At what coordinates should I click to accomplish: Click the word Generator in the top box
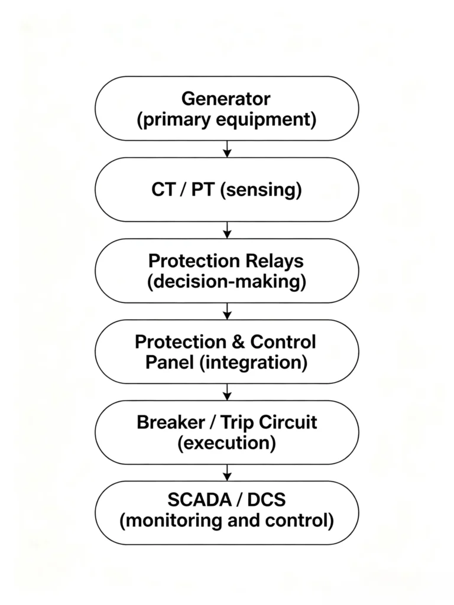[x=226, y=99]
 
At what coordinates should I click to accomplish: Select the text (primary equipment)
[x=226, y=119]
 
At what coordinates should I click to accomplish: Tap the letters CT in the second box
[x=164, y=190]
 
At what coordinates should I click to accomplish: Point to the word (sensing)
[x=261, y=190]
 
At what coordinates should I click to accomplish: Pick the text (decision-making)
[x=226, y=282]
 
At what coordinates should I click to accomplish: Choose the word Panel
[x=170, y=362]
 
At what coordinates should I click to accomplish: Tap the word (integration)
[x=254, y=363]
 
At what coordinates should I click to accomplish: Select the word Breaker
[x=171, y=422]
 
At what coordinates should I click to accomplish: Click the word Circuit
[x=288, y=422]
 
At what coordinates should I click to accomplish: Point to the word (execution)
[x=226, y=443]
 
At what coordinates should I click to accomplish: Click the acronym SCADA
[x=199, y=500]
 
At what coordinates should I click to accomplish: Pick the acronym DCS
[x=267, y=500]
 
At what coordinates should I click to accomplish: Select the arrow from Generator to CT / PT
[x=228, y=149]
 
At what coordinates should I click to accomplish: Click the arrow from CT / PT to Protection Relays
[x=228, y=230]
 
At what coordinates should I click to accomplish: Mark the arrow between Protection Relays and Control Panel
[x=228, y=311]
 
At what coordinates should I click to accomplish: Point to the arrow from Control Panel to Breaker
[x=228, y=392]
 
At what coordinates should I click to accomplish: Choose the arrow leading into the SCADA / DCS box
[x=228, y=473]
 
